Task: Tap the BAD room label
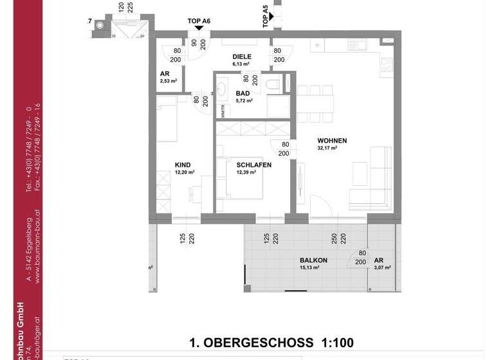[x=242, y=93]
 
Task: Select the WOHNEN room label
[x=333, y=140]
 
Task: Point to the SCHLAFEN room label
[x=253, y=165]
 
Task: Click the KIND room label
[x=183, y=165]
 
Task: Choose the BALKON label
[x=313, y=260]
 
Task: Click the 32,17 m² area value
[x=327, y=148]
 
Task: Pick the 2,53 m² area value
[x=168, y=82]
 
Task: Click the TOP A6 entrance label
[x=199, y=21]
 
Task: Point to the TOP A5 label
[x=266, y=16]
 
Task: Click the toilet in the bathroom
[x=273, y=84]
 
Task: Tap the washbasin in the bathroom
[x=223, y=88]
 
